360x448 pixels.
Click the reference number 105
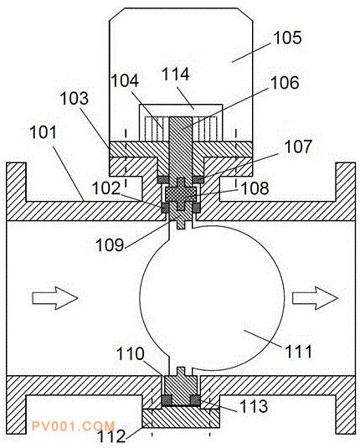287,38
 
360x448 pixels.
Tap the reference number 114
176,74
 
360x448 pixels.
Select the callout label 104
125,80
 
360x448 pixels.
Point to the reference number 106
285,83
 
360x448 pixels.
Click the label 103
75,99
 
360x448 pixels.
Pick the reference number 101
44,132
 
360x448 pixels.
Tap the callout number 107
298,147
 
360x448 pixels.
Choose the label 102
106,188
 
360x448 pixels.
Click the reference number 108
255,188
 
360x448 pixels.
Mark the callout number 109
110,245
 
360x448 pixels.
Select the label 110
130,353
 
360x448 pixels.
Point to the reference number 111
298,351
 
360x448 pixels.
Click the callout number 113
254,406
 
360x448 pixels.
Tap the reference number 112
111,436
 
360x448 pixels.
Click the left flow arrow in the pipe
55,298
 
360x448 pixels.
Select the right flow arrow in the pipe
315,298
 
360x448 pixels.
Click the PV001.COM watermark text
73,426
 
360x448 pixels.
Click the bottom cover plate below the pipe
181,418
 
